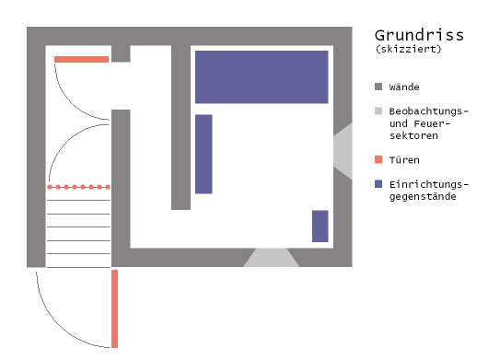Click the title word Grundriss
coord(419,35)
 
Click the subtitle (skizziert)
coord(408,50)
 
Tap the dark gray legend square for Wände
coord(378,87)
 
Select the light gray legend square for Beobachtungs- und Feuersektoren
coord(378,111)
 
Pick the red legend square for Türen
coord(378,159)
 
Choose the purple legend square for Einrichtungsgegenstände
coord(378,184)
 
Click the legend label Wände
coord(405,87)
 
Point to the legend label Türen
coord(405,159)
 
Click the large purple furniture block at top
coord(262,76)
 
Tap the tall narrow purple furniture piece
coord(203,154)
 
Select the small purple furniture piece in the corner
coord(320,226)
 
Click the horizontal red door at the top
coord(81,59)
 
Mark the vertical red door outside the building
coord(115,308)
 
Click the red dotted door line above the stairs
coord(79,187)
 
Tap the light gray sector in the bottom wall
coord(272,258)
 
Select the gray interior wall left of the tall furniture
coord(180,129)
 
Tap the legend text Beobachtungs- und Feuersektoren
coord(428,123)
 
